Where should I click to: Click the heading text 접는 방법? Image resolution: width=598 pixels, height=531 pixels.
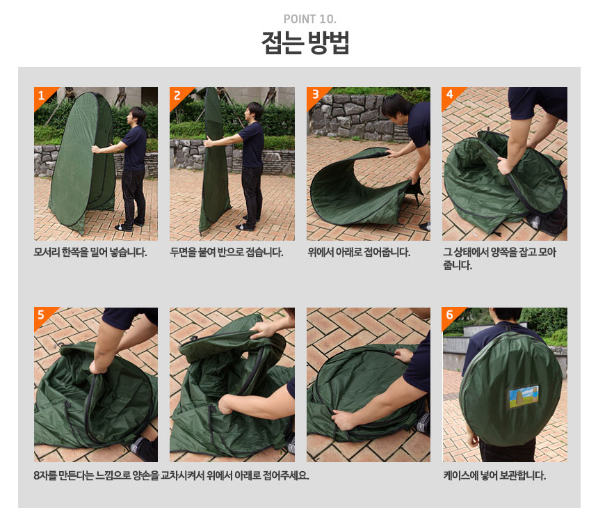[x=305, y=42]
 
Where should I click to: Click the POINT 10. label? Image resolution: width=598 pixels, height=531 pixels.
[x=309, y=19]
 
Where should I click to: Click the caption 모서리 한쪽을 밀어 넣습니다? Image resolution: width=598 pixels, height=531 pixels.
[x=90, y=253]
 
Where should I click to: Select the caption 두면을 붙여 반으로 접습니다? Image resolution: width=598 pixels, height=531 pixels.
[x=227, y=253]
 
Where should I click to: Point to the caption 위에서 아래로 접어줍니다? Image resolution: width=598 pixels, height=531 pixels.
[x=359, y=253]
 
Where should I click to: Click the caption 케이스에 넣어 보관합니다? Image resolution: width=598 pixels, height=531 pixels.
[x=494, y=475]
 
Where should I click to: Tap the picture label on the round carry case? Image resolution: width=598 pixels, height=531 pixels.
[x=523, y=396]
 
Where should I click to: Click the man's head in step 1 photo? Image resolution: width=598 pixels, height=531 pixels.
[x=137, y=116]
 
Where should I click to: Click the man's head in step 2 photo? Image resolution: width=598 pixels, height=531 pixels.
[x=254, y=111]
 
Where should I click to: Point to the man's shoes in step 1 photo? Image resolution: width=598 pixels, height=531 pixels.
[x=128, y=226]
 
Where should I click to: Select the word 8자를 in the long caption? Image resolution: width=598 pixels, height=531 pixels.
[x=45, y=475]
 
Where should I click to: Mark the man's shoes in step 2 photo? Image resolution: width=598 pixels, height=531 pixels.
[x=247, y=224]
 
